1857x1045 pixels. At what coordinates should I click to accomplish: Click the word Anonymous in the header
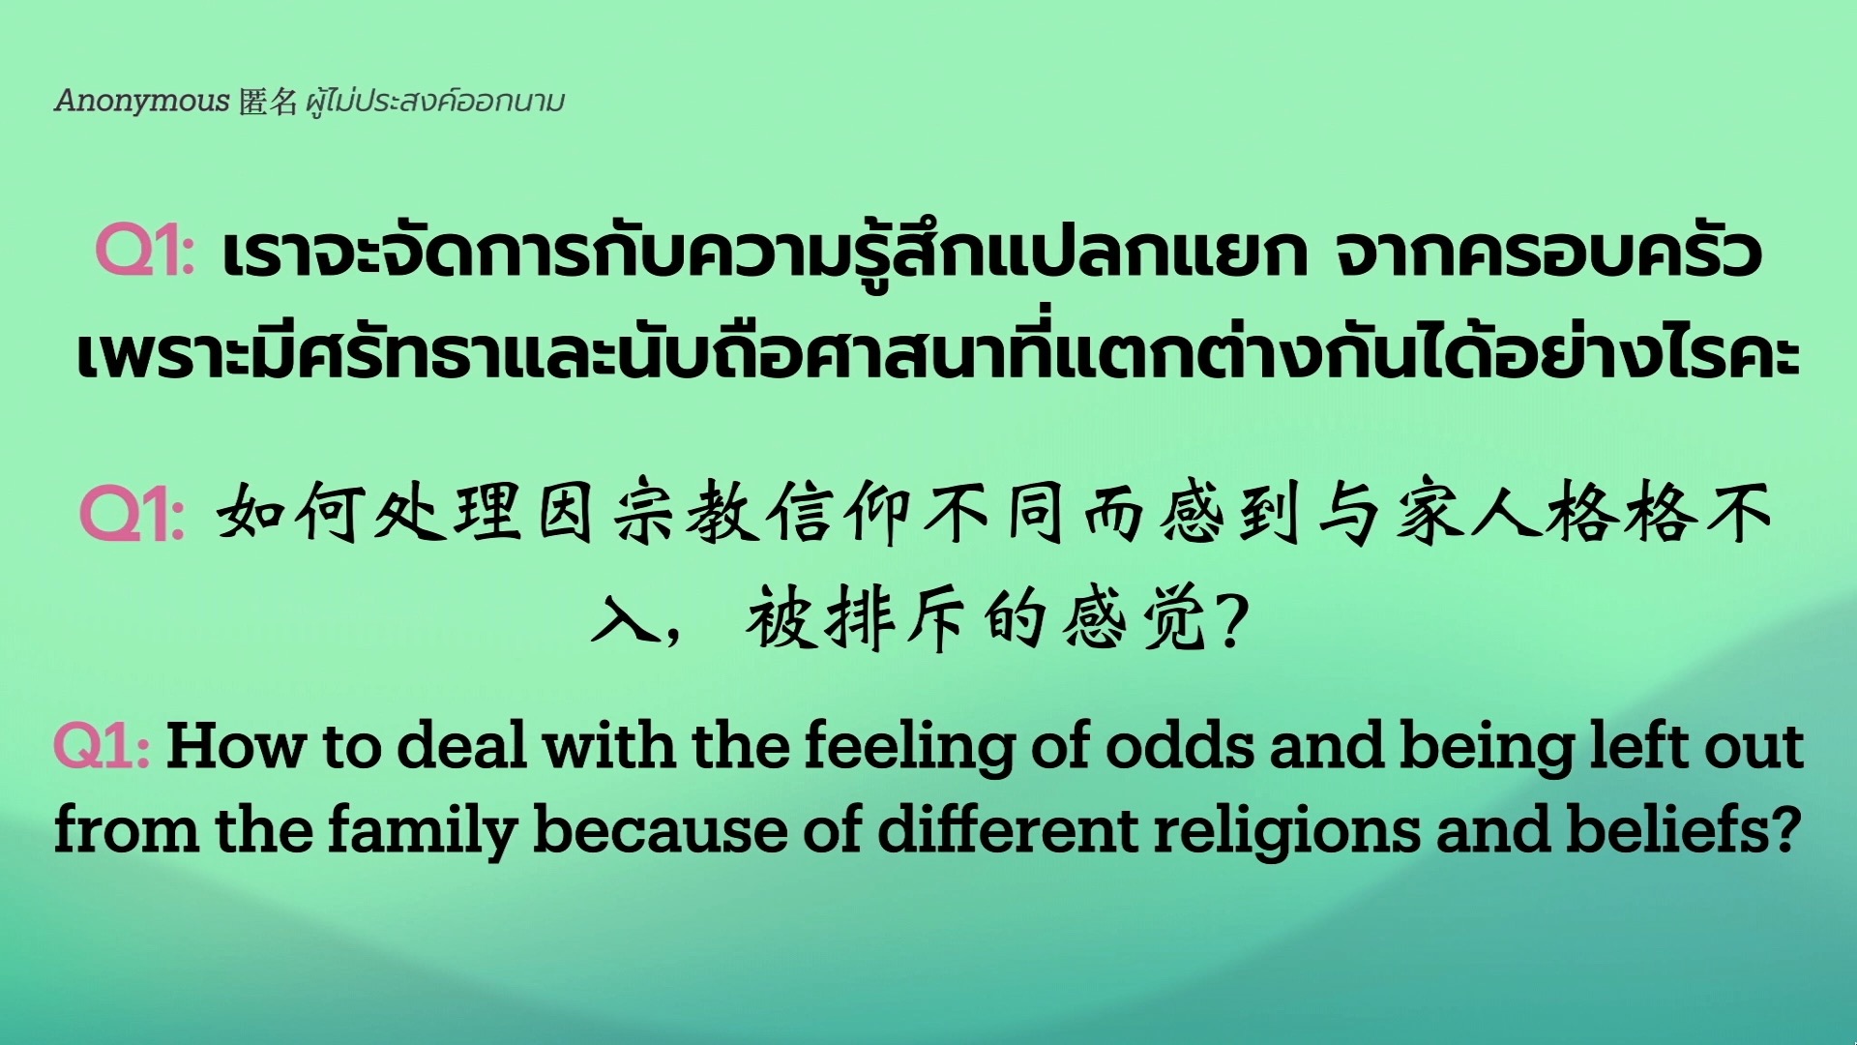141,101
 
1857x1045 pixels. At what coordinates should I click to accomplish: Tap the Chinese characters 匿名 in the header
268,101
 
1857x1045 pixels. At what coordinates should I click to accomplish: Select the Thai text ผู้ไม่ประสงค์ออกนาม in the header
434,101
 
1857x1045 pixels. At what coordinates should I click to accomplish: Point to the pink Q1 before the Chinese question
132,513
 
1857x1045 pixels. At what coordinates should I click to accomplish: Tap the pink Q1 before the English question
102,746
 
